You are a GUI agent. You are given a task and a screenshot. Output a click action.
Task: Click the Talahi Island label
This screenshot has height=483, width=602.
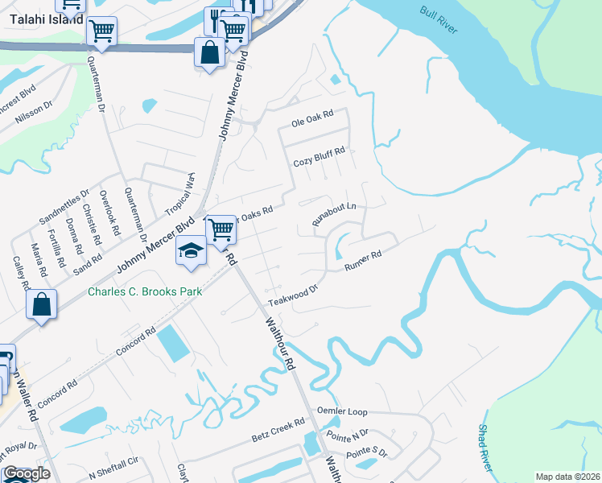[x=47, y=18]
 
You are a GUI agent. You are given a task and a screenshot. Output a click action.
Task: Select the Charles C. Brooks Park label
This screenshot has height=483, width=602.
[x=144, y=291]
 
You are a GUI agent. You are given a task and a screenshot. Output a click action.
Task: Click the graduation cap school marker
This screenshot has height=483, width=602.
[x=192, y=250]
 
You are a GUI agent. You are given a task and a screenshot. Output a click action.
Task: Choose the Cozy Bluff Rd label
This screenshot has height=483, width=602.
[x=319, y=156]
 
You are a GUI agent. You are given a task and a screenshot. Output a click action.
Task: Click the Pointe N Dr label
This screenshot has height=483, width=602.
[x=347, y=434]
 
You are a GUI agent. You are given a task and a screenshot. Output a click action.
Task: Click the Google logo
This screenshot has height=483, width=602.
[x=27, y=473]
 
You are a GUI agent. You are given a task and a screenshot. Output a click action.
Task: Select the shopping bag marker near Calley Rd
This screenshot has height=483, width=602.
[x=41, y=305]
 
